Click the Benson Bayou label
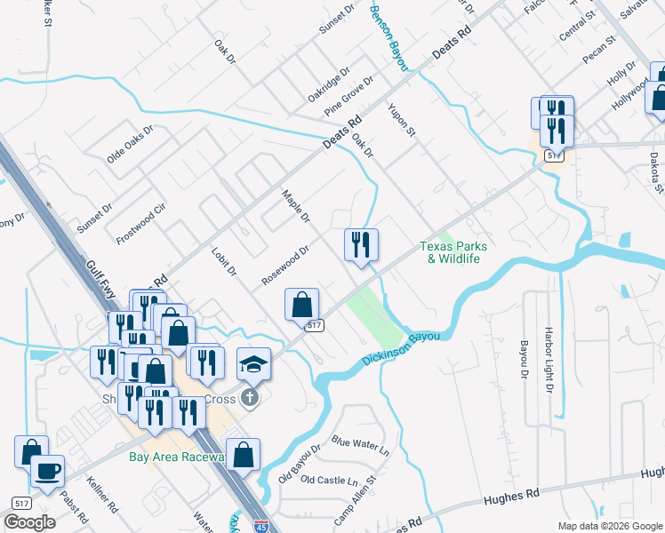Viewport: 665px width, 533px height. click(388, 36)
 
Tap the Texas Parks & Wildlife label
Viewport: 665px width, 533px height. click(449, 252)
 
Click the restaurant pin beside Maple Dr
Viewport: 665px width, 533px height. click(361, 245)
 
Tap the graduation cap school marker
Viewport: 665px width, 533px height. click(253, 364)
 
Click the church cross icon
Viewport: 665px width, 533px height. click(251, 397)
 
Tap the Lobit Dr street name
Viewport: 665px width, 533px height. click(224, 257)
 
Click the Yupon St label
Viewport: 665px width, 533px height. click(402, 120)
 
